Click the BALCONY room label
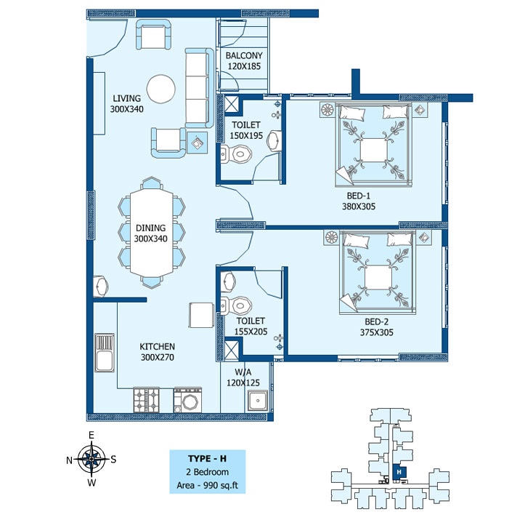[244, 55]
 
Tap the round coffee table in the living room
[161, 89]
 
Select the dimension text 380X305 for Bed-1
[359, 207]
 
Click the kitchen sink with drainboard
[105, 353]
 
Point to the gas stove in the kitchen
[146, 400]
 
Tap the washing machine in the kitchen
[187, 400]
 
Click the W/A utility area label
[243, 372]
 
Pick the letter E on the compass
[91, 435]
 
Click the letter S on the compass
[113, 460]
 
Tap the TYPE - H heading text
[207, 459]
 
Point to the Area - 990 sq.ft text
[207, 485]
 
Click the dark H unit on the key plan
[399, 472]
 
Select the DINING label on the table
[150, 228]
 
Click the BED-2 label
[377, 322]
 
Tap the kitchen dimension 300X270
[158, 357]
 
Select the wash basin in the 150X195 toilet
[274, 141]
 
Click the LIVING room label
[126, 98]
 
